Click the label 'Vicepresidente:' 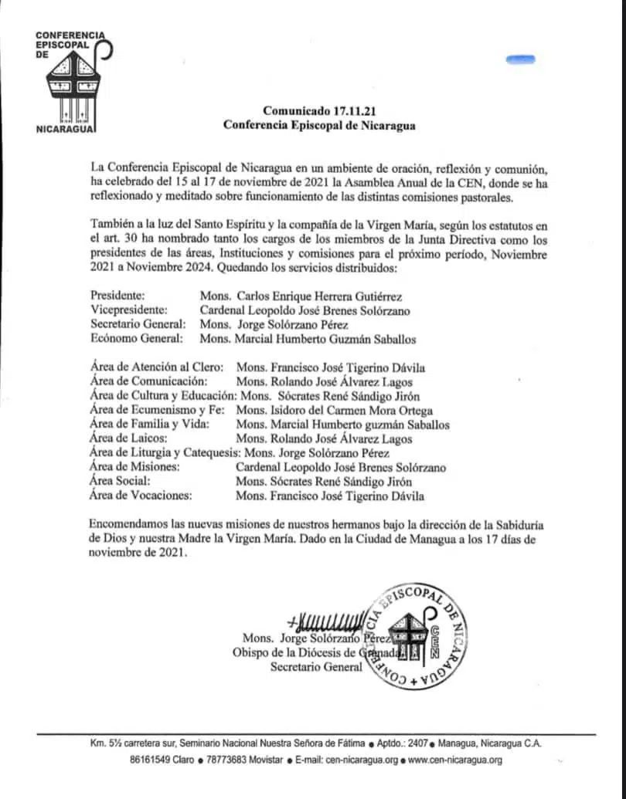(130, 310)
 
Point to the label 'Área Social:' (121, 482)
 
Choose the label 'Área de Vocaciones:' (141, 496)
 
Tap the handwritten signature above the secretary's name (325, 622)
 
